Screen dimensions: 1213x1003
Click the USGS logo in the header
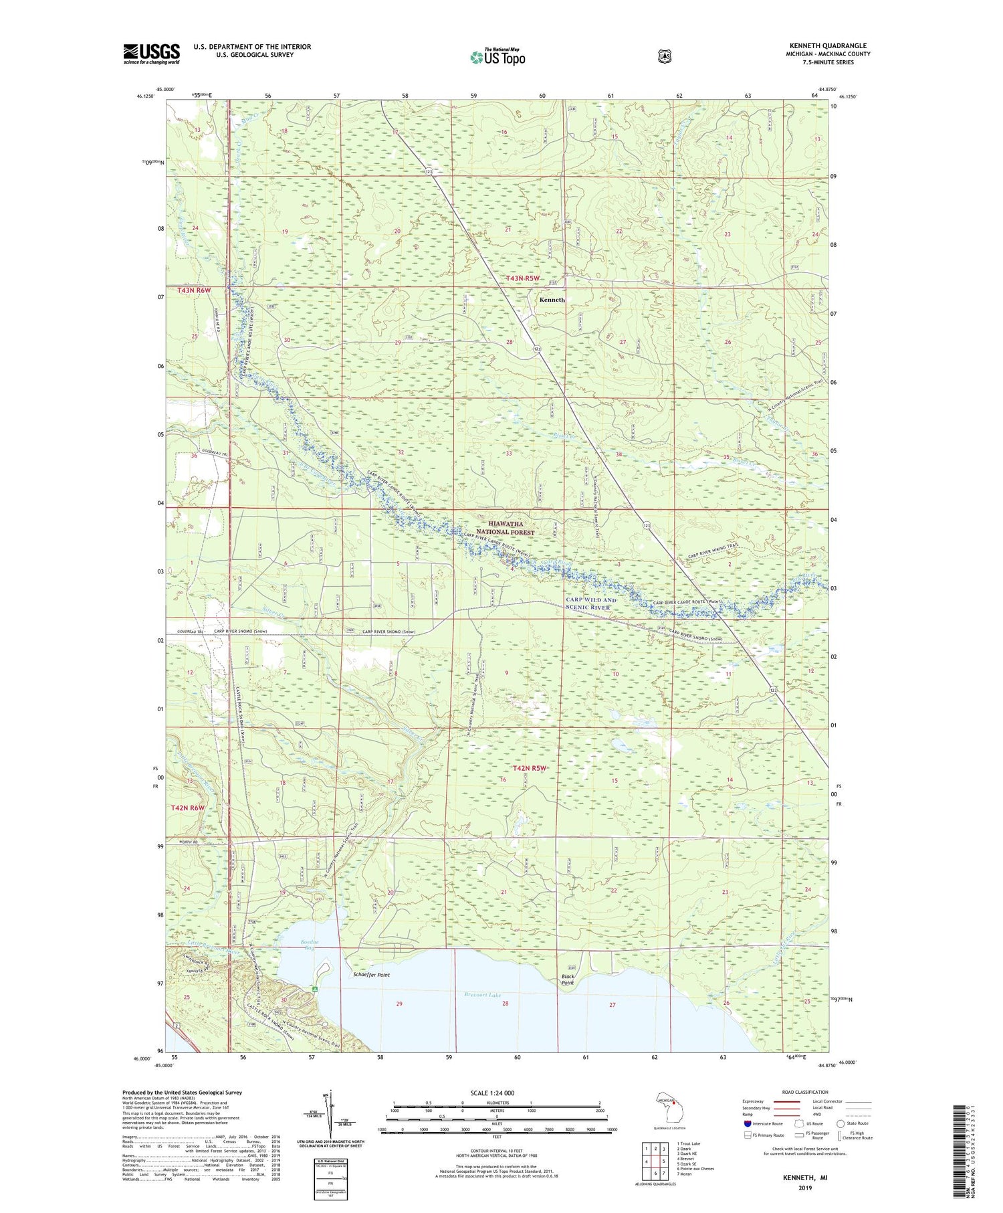click(152, 54)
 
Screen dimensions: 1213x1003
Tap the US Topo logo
click(497, 57)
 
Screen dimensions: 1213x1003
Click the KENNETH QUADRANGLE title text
click(827, 45)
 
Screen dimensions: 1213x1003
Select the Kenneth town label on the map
click(552, 300)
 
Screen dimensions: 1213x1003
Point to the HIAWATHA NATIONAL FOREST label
click(512, 528)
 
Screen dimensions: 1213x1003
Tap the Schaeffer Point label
click(371, 975)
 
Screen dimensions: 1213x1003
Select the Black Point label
click(567, 980)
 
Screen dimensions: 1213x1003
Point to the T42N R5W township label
click(530, 768)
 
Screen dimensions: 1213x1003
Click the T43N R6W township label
click(194, 290)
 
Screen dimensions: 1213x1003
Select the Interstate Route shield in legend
click(747, 1123)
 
